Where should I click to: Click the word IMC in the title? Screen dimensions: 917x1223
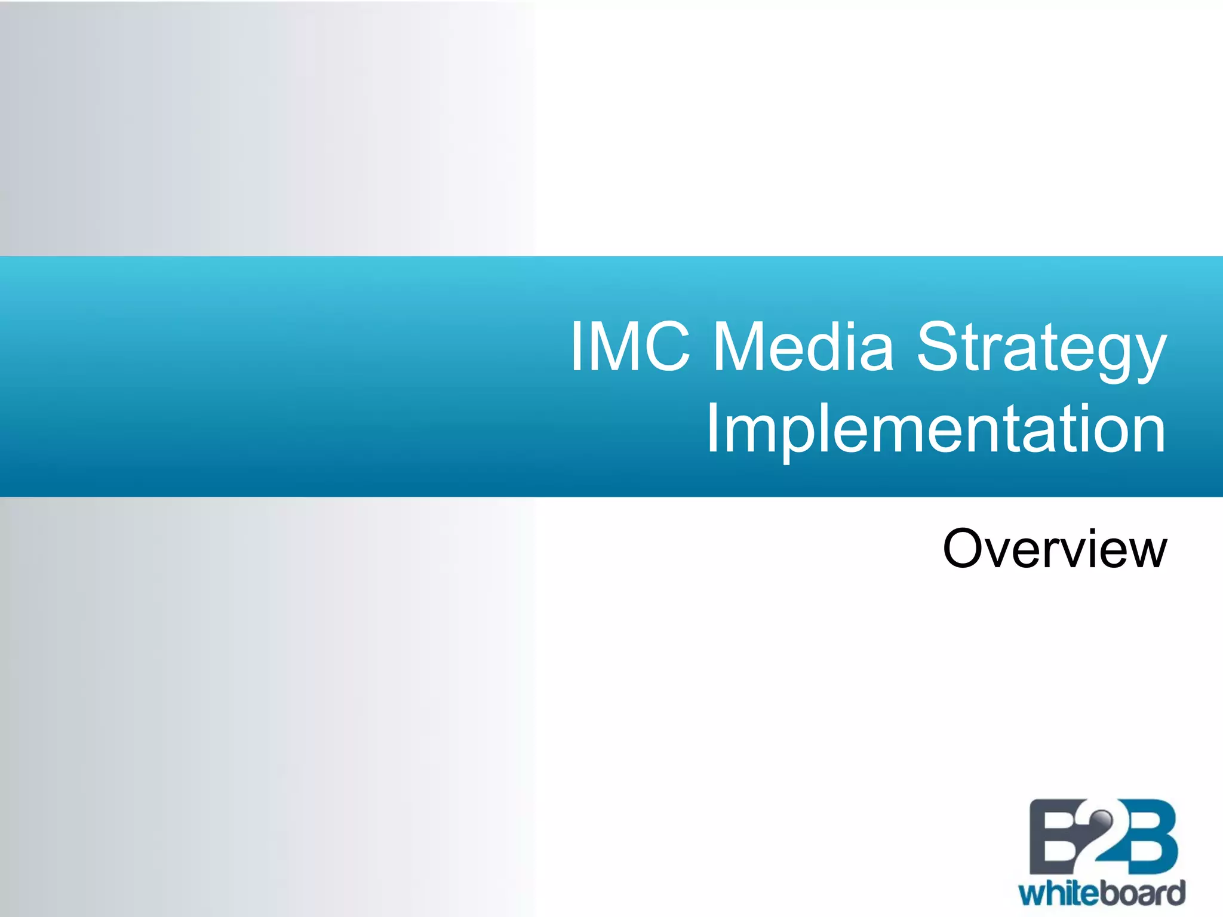pos(631,346)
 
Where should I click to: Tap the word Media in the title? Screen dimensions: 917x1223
pos(804,346)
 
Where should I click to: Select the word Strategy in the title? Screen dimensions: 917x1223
pos(1041,349)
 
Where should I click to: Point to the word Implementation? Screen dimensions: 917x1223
pos(936,430)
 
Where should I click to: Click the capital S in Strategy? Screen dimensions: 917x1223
pos(941,346)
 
